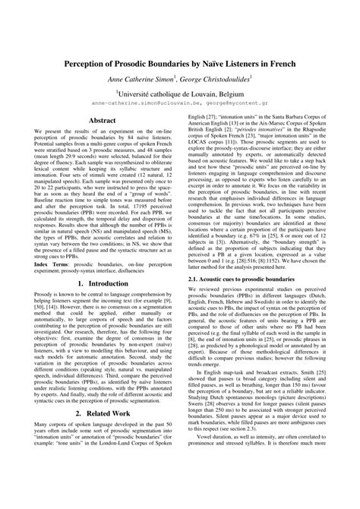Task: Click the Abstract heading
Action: pos(102,120)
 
